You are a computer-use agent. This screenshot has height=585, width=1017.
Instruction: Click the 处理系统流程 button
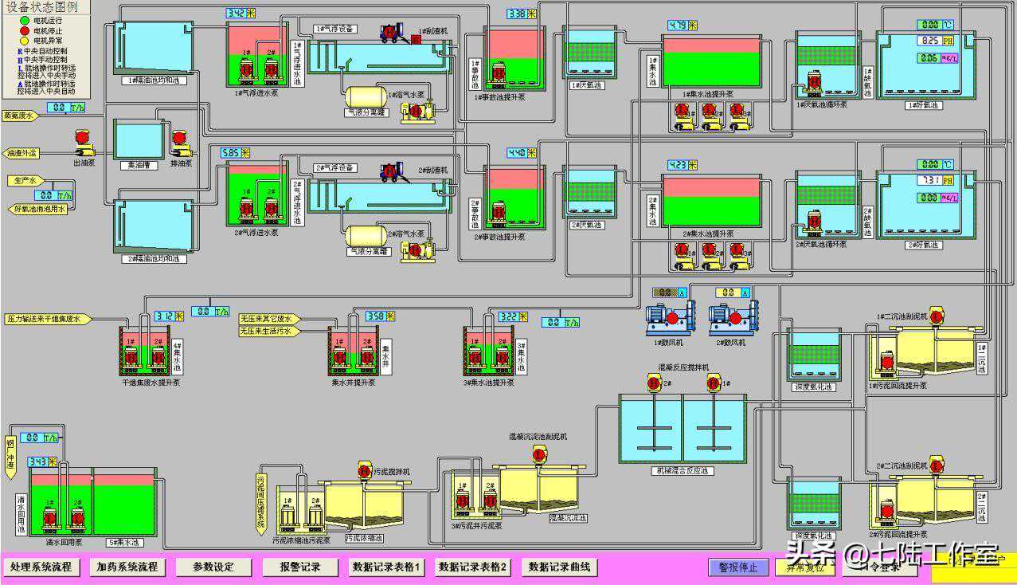point(41,567)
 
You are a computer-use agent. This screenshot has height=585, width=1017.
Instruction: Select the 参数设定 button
point(214,567)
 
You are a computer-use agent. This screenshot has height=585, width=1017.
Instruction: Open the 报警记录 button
point(300,567)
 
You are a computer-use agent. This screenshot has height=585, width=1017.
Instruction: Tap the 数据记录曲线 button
point(560,567)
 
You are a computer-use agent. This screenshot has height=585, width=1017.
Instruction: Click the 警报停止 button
point(738,567)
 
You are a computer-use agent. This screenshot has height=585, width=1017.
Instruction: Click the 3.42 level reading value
point(236,14)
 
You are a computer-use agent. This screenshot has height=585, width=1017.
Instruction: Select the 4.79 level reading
point(678,26)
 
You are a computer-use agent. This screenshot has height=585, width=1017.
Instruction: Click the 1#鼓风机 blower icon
point(667,317)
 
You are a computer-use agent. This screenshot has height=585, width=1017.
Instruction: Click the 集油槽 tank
point(139,140)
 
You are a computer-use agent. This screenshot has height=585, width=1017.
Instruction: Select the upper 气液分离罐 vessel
point(365,96)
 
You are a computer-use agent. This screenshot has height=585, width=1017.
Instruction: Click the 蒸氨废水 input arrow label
point(20,116)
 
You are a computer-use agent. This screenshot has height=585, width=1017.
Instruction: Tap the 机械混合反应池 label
point(682,471)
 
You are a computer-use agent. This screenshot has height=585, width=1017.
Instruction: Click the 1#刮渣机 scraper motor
point(389,32)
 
